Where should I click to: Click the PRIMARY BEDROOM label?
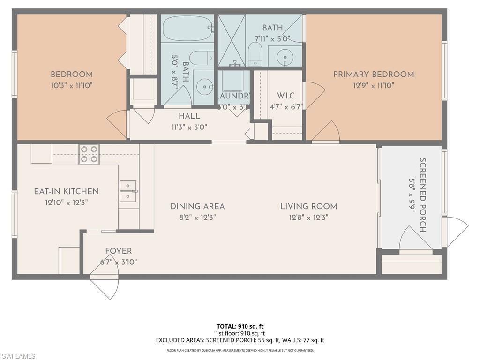pos(374,74)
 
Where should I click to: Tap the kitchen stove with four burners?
pos(89,154)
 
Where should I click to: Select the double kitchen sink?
pos(127,191)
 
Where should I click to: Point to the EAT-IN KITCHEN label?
pos(66,191)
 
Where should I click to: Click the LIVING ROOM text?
pos(308,206)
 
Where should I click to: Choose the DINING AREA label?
pos(197,206)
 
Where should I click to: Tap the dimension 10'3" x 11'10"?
pos(72,85)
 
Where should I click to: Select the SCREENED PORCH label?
pos(422,195)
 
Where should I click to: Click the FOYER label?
pos(118,251)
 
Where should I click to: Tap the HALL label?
pos(189,116)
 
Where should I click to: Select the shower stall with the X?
pos(232,40)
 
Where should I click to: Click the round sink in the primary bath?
pos(285,58)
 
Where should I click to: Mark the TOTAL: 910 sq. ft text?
pos(240,326)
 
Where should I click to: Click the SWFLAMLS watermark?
pos(18,356)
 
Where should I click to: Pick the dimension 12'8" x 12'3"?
pos(308,217)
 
